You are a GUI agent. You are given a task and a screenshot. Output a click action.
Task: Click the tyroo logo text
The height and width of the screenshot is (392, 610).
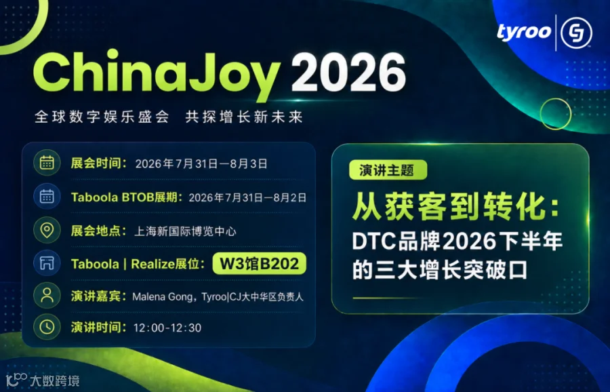524,32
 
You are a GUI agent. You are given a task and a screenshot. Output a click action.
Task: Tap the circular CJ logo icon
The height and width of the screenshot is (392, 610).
577,33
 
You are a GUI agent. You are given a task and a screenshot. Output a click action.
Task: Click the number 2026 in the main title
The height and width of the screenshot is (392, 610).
348,73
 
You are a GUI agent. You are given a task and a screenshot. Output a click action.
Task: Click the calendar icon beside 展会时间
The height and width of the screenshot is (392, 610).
47,163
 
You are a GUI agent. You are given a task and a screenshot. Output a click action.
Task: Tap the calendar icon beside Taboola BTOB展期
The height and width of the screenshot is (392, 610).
47,196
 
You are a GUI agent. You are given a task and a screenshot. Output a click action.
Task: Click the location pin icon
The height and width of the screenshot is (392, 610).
47,230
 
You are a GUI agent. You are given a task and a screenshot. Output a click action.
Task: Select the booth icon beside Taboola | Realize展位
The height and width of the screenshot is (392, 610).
47,262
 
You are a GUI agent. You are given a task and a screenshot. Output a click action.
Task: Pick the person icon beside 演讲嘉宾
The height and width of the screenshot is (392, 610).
47,296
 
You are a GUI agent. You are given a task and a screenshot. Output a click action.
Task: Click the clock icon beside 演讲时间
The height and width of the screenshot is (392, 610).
47,327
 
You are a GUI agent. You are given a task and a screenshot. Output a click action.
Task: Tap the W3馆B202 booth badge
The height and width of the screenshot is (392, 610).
259,264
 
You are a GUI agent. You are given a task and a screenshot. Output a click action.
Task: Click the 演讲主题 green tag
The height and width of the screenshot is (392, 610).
388,170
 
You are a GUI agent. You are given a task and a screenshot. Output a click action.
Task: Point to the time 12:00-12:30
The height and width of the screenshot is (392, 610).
167,328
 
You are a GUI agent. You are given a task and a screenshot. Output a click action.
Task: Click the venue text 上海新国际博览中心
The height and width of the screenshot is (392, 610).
185,232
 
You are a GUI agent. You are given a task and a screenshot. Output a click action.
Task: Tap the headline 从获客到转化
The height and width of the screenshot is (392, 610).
455,207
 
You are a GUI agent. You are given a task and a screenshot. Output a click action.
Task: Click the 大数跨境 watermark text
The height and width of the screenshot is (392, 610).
54,380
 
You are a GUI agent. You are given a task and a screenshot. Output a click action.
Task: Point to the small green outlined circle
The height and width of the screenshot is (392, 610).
556,114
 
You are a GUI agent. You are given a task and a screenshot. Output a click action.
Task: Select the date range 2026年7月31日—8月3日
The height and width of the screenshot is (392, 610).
201,164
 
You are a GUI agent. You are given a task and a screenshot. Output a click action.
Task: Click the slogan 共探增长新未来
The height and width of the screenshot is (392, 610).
244,117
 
